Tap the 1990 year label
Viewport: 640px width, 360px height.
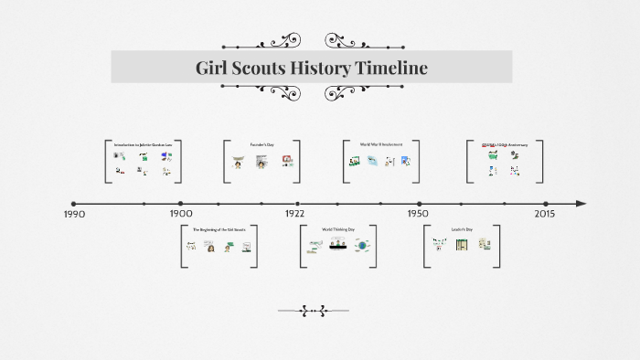click(x=74, y=214)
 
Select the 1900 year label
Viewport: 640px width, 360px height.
click(x=181, y=214)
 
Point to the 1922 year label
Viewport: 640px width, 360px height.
click(x=294, y=214)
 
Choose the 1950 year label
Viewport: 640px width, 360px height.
click(x=419, y=214)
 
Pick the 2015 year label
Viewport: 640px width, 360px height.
click(x=545, y=214)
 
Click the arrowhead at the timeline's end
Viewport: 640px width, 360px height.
click(x=581, y=204)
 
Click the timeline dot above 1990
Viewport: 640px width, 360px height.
click(x=74, y=204)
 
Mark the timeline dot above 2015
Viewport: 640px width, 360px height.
click(x=546, y=204)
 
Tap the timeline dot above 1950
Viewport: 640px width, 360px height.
click(x=420, y=204)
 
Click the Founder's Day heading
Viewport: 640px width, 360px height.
click(x=262, y=144)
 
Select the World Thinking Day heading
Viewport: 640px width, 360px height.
click(x=338, y=229)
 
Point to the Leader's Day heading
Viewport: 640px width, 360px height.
click(x=462, y=229)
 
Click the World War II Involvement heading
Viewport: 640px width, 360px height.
click(x=380, y=144)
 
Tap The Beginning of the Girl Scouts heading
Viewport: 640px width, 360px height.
click(x=219, y=229)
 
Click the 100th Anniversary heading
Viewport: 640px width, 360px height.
click(x=504, y=144)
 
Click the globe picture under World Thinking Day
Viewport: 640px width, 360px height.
click(x=362, y=246)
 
